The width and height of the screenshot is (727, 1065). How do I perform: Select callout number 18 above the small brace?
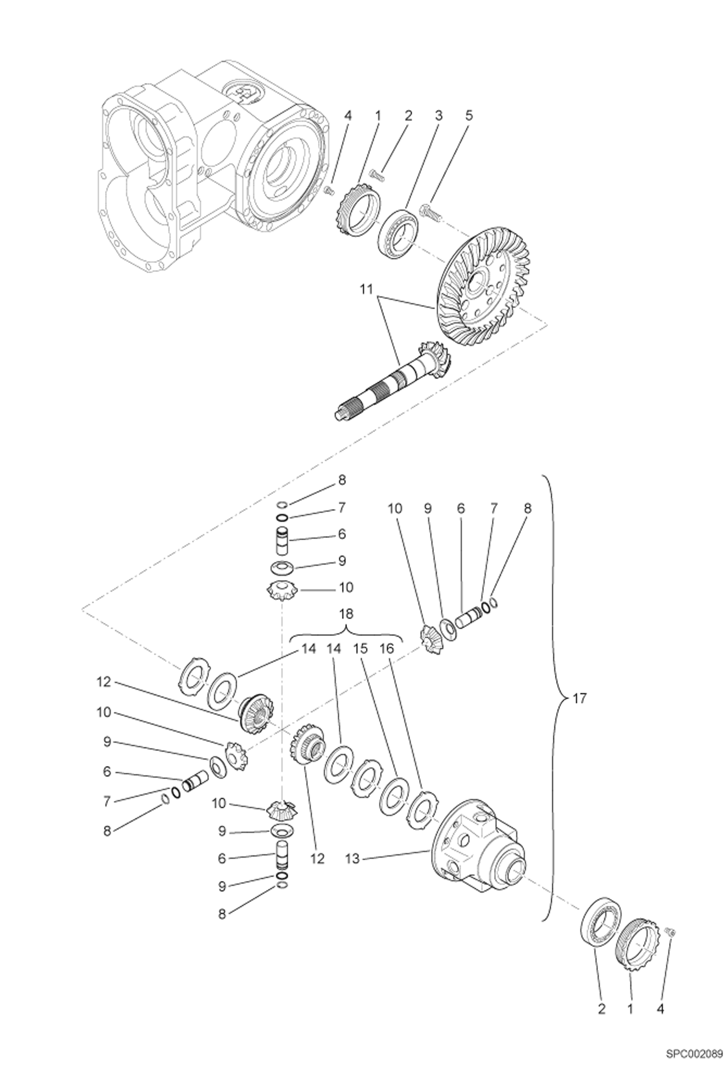click(346, 614)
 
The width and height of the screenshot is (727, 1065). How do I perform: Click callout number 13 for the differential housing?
click(353, 859)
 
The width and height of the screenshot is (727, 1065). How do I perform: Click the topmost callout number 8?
click(342, 480)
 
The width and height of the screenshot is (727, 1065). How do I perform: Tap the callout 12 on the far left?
click(104, 682)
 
